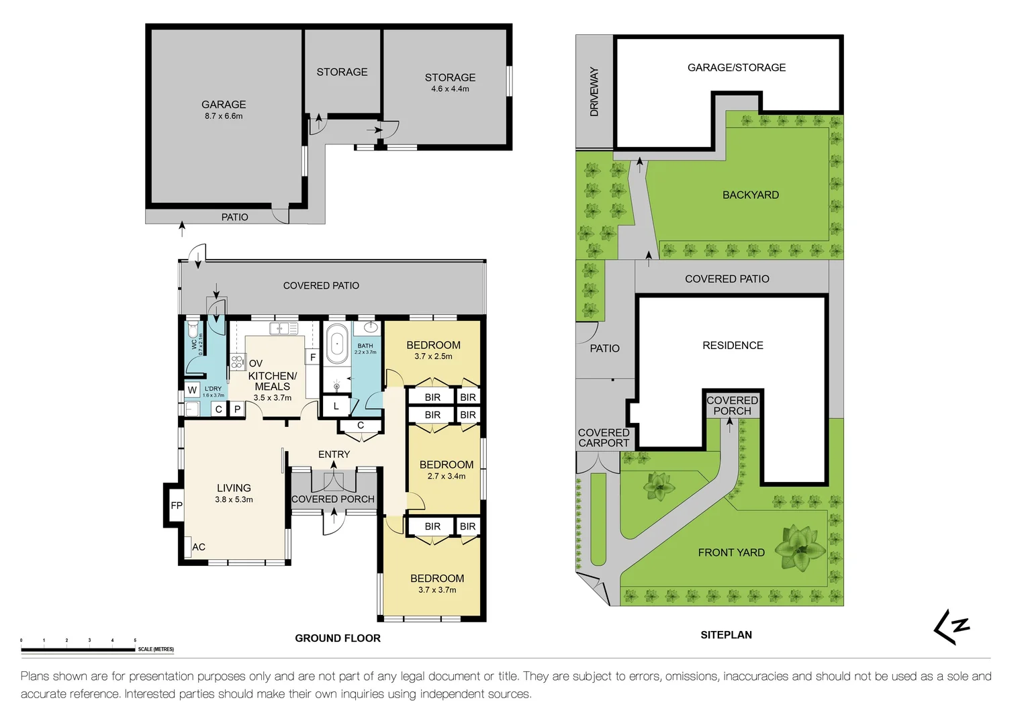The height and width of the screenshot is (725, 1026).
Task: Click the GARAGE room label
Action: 224,105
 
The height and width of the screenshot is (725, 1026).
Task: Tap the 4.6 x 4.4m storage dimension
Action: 450,89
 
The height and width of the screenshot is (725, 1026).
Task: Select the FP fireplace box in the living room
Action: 176,505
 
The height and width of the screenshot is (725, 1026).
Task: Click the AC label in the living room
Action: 199,547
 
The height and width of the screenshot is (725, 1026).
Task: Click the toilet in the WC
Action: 193,331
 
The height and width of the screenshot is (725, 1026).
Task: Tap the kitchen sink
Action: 283,328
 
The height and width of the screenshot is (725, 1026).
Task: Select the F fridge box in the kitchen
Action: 312,357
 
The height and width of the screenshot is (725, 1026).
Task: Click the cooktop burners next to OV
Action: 237,362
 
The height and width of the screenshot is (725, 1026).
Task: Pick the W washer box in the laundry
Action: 192,390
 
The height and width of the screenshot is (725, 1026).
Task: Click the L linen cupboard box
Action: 336,406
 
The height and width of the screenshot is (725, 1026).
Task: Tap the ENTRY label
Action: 334,454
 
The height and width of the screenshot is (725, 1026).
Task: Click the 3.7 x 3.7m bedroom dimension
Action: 437,590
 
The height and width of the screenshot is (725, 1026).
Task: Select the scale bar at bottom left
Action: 78,649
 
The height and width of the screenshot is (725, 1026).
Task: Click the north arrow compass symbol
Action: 952,627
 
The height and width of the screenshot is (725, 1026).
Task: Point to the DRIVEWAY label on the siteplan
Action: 594,92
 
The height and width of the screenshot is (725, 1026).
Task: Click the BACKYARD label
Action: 751,195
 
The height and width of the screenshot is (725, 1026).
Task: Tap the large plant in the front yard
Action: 800,548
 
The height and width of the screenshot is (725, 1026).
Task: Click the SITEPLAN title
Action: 726,635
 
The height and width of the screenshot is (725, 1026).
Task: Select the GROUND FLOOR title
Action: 338,638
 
